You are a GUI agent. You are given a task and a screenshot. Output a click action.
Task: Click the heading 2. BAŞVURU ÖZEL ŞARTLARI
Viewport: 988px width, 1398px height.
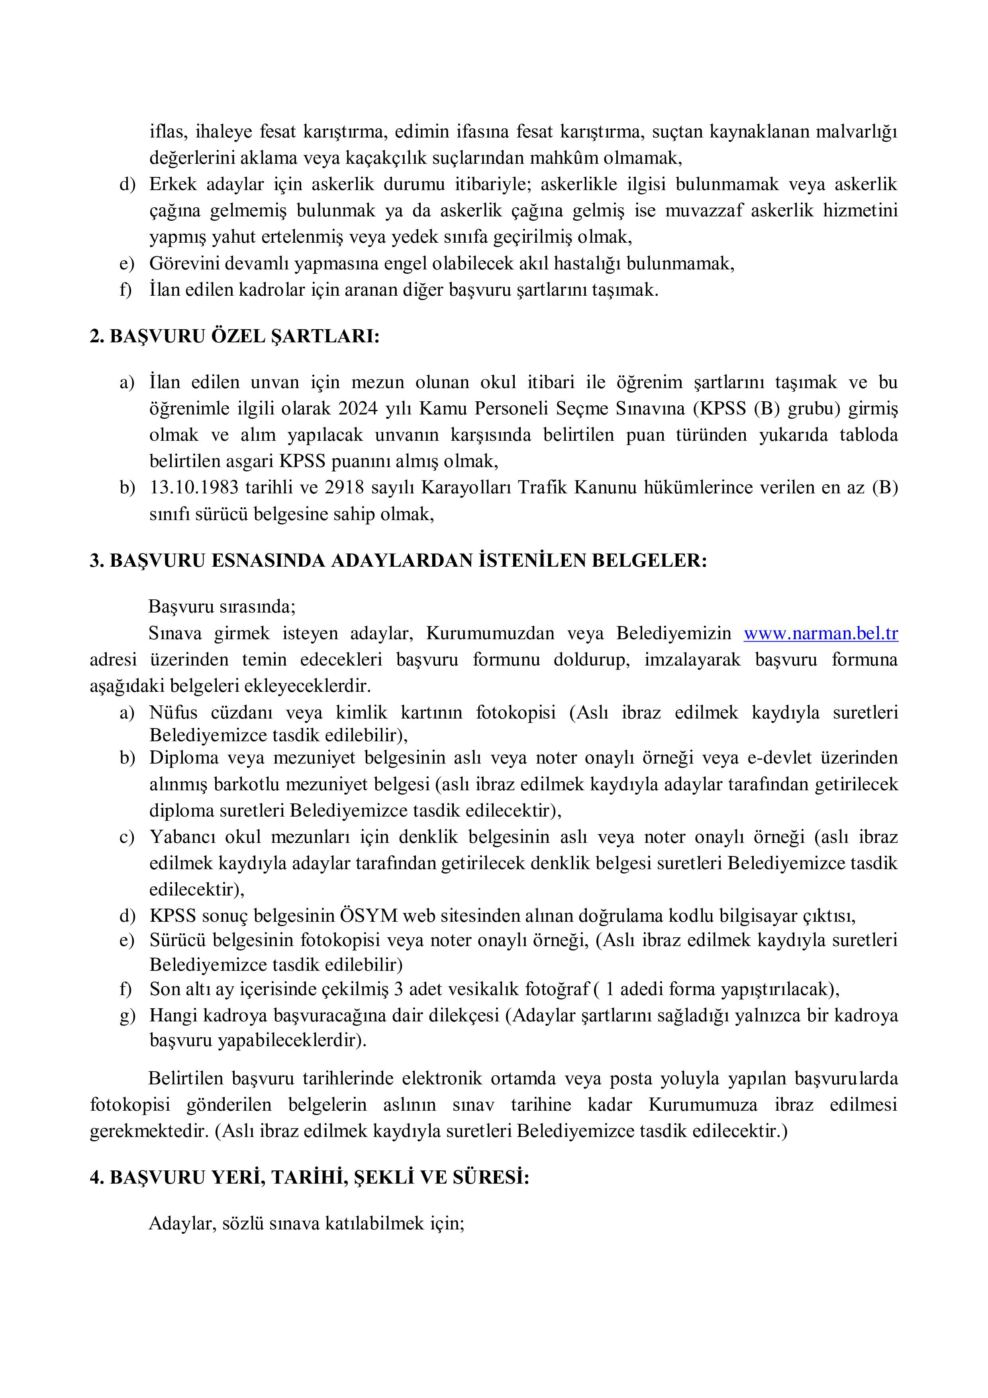[234, 337]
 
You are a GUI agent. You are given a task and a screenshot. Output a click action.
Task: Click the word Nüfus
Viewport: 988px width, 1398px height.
[173, 713]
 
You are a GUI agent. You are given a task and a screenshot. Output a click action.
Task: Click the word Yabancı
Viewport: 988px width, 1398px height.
[182, 837]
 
